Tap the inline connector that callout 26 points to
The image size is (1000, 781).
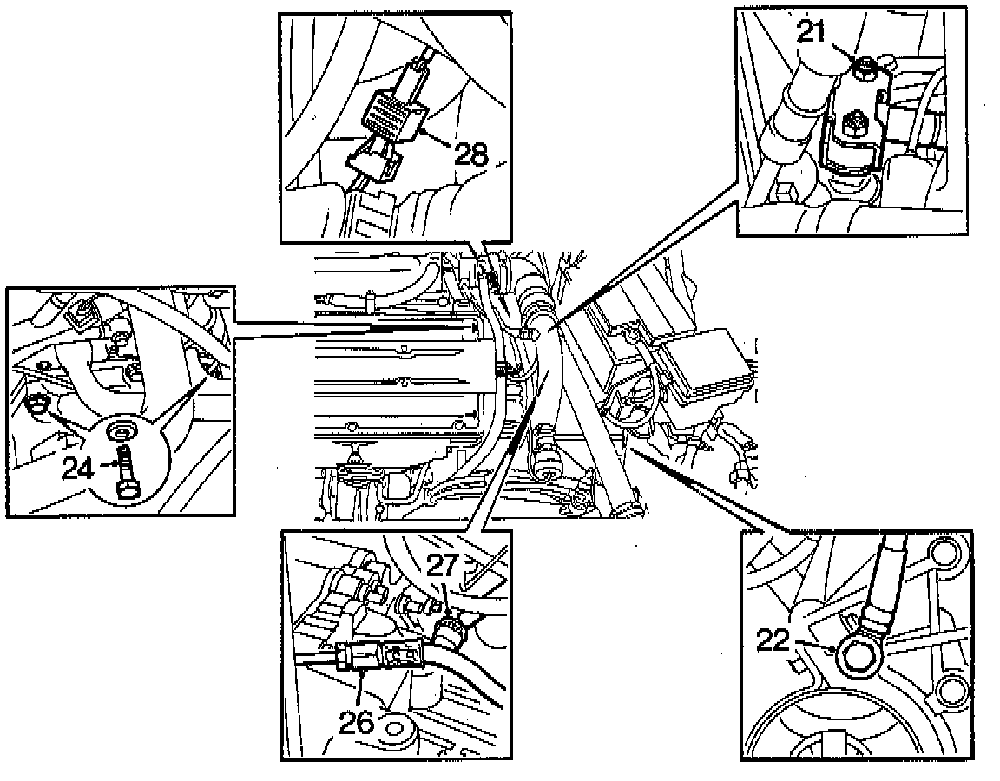click(x=382, y=657)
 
